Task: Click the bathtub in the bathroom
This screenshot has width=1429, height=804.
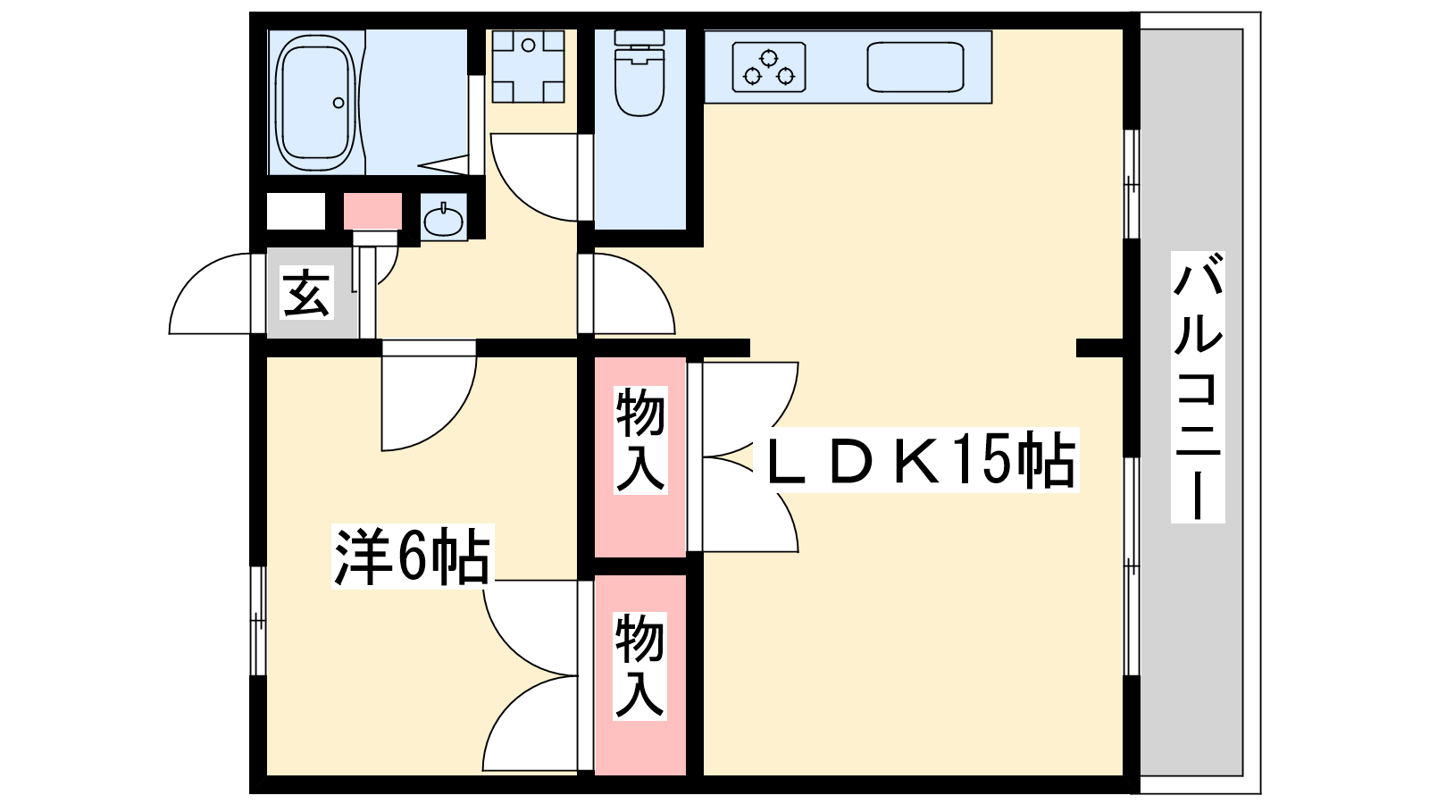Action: point(314,103)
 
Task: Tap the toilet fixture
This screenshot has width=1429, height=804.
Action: point(639,76)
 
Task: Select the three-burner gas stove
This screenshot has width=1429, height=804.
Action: point(769,67)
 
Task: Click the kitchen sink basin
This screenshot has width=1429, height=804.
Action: point(915,68)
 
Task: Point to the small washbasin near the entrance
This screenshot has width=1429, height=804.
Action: point(444,218)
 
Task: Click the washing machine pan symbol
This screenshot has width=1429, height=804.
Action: point(528,66)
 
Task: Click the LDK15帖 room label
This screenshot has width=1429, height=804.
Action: point(921,460)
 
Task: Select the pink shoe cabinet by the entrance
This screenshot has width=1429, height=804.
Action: point(373,211)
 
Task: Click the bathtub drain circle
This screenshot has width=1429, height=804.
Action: point(338,103)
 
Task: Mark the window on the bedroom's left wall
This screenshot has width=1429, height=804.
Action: point(257,620)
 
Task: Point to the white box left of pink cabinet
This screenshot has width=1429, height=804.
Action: point(297,212)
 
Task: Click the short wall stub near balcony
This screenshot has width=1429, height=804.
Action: point(1099,348)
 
